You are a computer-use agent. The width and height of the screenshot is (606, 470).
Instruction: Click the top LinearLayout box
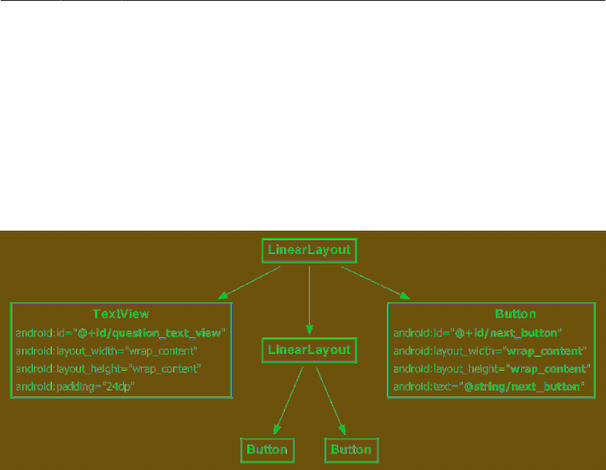[309, 250]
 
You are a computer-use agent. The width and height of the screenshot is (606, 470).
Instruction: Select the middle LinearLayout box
[309, 350]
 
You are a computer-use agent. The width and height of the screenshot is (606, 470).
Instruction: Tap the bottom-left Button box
[268, 450]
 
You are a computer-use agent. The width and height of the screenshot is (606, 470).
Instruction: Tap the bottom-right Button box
[352, 450]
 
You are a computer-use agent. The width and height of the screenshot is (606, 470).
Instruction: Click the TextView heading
[121, 314]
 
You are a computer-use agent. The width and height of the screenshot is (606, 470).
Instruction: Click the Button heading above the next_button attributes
[515, 314]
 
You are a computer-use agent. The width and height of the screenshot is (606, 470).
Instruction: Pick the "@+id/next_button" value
[508, 333]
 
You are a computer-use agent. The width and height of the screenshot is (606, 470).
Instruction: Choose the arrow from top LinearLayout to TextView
[249, 283]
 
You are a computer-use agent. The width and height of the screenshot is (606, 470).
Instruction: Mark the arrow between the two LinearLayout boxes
[309, 299]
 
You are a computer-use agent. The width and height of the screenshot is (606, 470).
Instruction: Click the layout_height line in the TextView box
[109, 368]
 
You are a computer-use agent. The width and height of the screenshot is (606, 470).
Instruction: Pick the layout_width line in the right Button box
[490, 350]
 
